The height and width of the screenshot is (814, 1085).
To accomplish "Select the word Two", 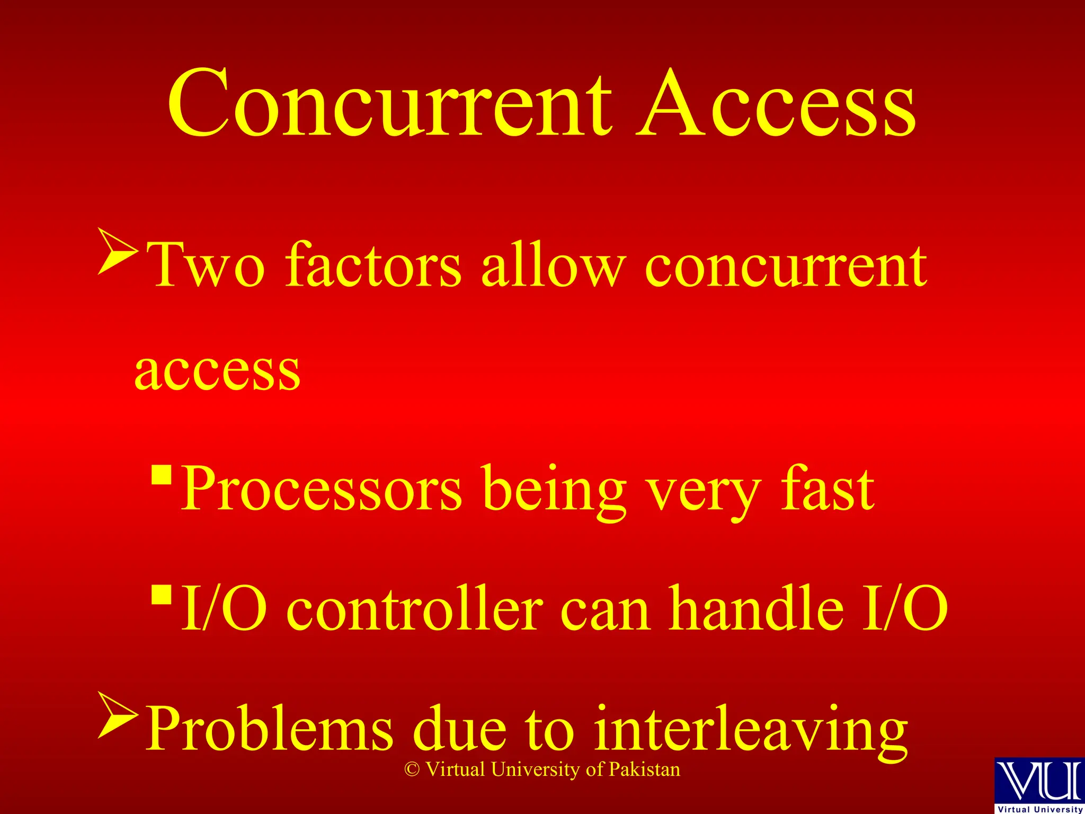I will pyautogui.click(x=206, y=265).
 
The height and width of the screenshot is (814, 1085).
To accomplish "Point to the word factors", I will pyautogui.click(x=373, y=265).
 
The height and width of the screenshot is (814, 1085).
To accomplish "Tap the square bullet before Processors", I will pyautogui.click(x=162, y=475).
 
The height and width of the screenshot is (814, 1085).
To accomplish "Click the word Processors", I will pyautogui.click(x=321, y=489).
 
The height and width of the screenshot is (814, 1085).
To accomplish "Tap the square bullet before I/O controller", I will pyautogui.click(x=162, y=595).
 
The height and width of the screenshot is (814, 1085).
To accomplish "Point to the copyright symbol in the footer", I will pyautogui.click(x=412, y=770).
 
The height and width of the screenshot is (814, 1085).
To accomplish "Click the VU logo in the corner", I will pyautogui.click(x=1039, y=784).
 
